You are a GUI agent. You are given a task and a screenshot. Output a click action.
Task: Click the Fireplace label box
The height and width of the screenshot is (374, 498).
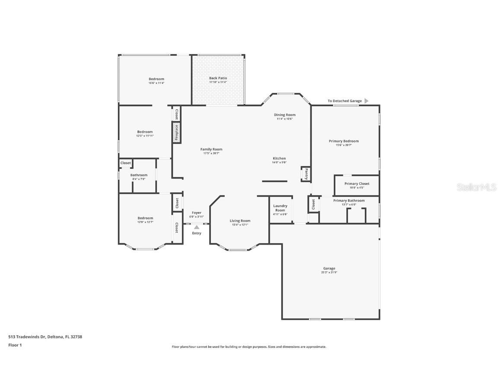(176, 132)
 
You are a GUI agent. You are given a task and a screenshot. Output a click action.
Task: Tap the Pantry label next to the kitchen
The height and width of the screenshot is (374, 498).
(306, 174)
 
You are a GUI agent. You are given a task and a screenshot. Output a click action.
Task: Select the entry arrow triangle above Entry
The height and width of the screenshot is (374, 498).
(197, 227)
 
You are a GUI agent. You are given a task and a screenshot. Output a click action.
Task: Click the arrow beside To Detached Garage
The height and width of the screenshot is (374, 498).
(366, 101)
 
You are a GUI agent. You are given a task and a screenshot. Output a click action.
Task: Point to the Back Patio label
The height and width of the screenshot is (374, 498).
(218, 78)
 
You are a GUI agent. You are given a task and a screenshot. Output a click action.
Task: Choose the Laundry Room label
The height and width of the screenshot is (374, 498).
(280, 208)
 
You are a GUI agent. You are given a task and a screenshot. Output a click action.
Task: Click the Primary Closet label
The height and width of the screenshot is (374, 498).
(357, 184)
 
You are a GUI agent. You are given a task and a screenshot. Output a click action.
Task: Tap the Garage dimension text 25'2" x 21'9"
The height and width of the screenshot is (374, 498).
(329, 272)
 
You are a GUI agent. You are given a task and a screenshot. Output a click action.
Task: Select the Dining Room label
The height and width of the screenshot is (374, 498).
(285, 115)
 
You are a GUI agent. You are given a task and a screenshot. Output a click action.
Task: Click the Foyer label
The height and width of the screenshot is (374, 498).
(196, 213)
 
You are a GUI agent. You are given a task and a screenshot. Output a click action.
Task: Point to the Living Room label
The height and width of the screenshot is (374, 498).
(240, 221)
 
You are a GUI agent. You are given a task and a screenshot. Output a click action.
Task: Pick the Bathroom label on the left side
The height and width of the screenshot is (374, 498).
(139, 175)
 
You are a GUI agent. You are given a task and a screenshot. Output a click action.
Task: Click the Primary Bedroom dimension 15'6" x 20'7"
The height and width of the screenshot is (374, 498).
(344, 145)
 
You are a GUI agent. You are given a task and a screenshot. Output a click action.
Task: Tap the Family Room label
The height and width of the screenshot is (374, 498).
(211, 149)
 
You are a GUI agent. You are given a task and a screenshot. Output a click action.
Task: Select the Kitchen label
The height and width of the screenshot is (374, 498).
(279, 158)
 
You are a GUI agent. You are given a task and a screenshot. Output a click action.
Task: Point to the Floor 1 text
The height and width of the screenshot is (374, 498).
(15, 345)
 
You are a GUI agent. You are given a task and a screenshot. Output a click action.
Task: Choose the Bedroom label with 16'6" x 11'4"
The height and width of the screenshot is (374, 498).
(156, 79)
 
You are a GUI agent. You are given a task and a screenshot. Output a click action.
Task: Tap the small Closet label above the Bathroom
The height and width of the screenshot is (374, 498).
(125, 163)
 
